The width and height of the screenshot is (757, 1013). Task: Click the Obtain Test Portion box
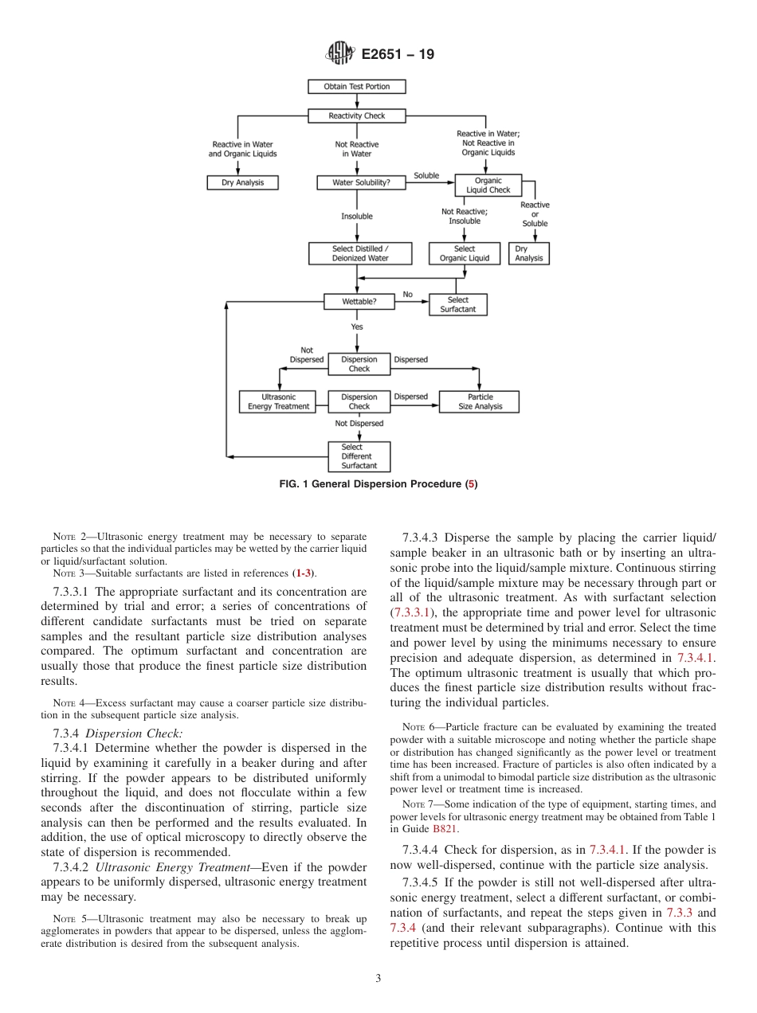point(356,86)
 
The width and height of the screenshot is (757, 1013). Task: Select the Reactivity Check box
point(356,115)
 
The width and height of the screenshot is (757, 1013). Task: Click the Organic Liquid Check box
point(488,186)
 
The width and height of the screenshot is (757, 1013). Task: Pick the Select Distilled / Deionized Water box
point(359,253)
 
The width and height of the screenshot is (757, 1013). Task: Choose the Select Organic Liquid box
point(464,253)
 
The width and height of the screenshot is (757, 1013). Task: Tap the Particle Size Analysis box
point(480,401)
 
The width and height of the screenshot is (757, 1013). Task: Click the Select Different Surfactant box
point(359,456)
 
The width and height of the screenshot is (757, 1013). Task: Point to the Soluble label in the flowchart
point(426,175)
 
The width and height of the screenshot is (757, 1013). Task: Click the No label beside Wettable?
point(407,294)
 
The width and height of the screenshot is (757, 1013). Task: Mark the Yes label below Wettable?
point(357,327)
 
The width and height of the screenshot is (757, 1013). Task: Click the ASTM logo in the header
point(339,55)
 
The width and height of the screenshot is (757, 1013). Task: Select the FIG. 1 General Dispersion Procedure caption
point(378,484)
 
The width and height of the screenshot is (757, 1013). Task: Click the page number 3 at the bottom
point(378,978)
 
